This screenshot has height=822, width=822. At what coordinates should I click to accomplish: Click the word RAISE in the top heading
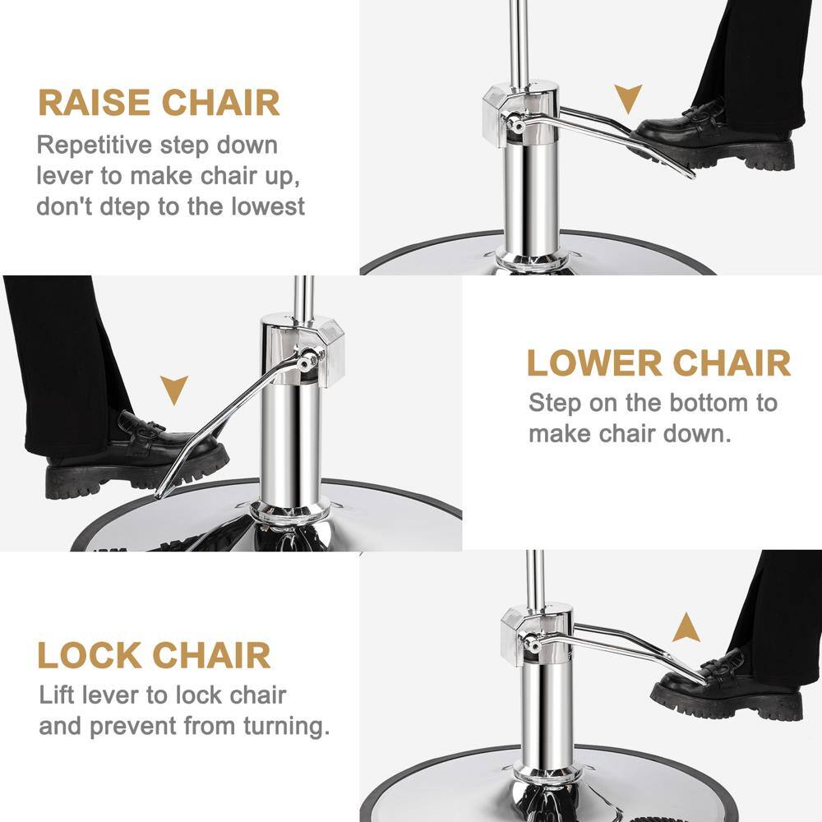(x=94, y=104)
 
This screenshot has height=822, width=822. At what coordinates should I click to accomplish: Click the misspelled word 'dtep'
(x=126, y=205)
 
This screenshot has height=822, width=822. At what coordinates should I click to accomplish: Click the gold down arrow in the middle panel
(x=173, y=389)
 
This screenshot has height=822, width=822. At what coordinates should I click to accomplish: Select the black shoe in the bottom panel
(x=723, y=687)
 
